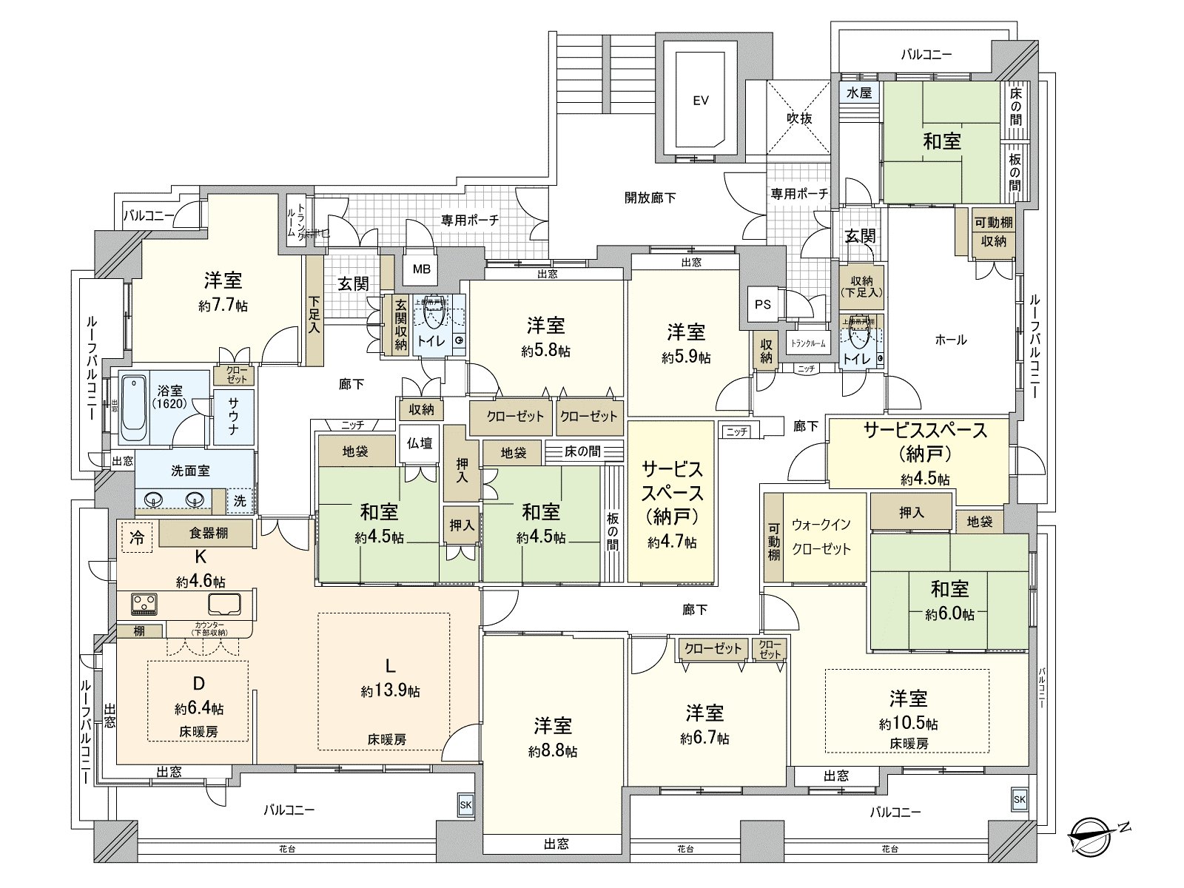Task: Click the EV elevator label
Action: [700, 100]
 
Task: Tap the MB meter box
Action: [421, 269]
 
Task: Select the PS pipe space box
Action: [762, 304]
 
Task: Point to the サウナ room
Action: [233, 416]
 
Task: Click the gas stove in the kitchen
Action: [145, 603]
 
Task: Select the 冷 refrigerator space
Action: [136, 537]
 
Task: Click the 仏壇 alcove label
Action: [420, 443]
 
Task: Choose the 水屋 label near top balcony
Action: [858, 93]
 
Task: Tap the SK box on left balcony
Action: [465, 806]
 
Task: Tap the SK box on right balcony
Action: [1019, 799]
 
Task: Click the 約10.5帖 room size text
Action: [909, 723]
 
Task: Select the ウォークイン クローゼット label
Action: [821, 536]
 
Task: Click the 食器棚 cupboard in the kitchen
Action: [209, 533]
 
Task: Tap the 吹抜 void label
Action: [799, 118]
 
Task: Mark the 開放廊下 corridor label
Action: [650, 198]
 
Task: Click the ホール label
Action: [951, 340]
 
